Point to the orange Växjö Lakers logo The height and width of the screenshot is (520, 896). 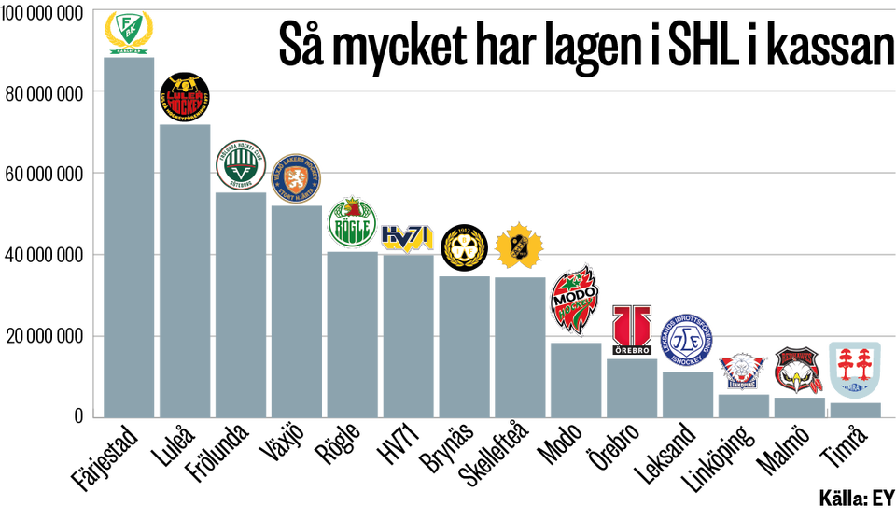point(296,177)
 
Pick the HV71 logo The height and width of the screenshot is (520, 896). point(408,238)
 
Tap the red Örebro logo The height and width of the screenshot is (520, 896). point(632,330)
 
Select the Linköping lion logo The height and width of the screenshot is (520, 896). point(743,372)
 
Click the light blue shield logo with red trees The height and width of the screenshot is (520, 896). point(854,370)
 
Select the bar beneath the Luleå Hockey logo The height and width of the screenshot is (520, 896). point(185,271)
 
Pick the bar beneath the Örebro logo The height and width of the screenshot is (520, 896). point(632,387)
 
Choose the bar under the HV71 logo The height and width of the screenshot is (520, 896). point(408,336)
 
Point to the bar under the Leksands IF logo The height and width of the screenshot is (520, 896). point(687,393)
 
